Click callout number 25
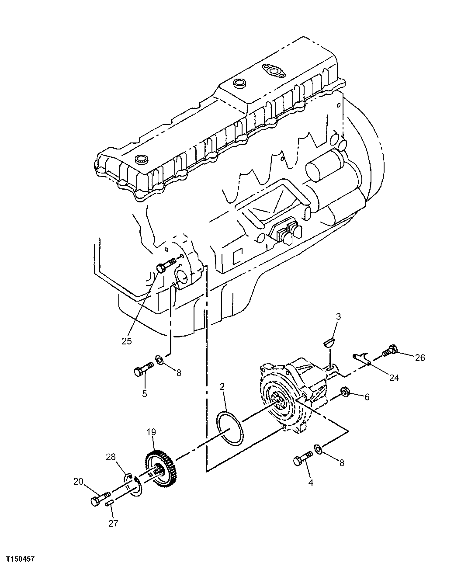126,341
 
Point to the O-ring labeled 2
230,427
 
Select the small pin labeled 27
110,504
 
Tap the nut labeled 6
345,392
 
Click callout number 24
394,378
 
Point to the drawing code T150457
20,559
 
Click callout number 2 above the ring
222,386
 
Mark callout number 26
419,358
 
